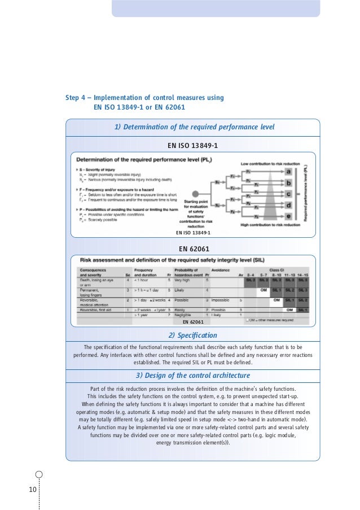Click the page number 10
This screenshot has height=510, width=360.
click(x=33, y=488)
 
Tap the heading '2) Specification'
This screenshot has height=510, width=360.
click(x=192, y=335)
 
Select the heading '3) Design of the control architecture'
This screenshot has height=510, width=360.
click(x=193, y=376)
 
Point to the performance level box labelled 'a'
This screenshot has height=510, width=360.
click(x=289, y=172)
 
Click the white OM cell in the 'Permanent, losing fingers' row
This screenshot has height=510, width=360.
click(x=262, y=290)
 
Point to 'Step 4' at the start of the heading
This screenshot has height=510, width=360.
click(x=75, y=98)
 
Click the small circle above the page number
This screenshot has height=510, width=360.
click(x=38, y=475)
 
